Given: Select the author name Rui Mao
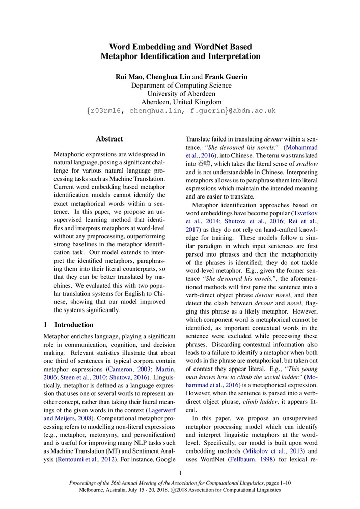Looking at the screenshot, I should [128, 77].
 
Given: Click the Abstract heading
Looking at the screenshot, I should [109, 138].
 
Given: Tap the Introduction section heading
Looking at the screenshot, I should [74, 324].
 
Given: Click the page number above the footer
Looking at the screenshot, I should [180, 473].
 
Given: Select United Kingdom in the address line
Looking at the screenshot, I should [199, 102].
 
